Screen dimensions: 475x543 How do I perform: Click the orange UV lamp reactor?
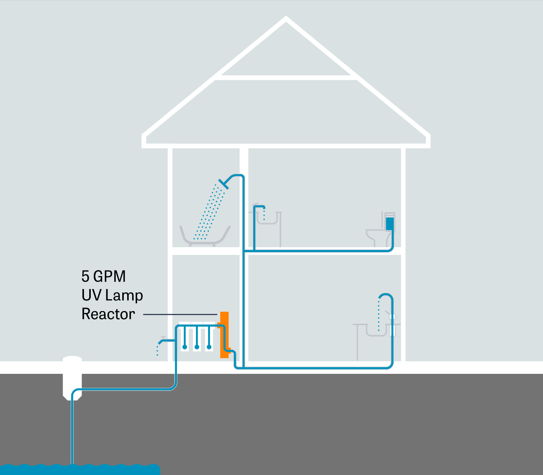pyautogui.click(x=224, y=335)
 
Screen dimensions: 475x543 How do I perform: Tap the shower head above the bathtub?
pyautogui.click(x=224, y=184)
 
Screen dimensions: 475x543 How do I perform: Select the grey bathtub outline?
pyautogui.click(x=205, y=238)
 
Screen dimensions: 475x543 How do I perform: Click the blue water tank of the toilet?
pyautogui.click(x=390, y=223)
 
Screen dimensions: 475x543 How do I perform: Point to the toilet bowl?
pyautogui.click(x=376, y=236)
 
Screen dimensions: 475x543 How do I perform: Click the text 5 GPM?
pyautogui.click(x=103, y=276)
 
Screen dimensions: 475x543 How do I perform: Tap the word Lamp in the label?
pyautogui.click(x=124, y=295)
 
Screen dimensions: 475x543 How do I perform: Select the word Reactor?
pyautogui.click(x=108, y=314)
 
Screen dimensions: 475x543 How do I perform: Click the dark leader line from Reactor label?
pyautogui.click(x=180, y=315)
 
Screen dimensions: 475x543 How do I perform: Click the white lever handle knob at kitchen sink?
pyautogui.click(x=393, y=316)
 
